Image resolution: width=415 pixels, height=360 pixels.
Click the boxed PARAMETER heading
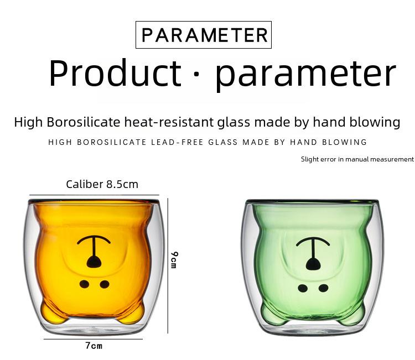tap(204, 35)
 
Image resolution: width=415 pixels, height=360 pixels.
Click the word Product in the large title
tap(116, 73)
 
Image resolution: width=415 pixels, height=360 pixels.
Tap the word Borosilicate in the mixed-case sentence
tap(84, 122)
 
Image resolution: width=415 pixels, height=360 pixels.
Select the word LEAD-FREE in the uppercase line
tap(177, 142)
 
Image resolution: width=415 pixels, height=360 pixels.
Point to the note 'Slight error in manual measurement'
tap(357, 159)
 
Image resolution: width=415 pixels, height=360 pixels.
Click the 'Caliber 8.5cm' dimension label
tap(102, 184)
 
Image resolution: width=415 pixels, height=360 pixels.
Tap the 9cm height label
tap(174, 260)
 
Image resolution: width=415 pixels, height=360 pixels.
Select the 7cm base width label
tap(94, 346)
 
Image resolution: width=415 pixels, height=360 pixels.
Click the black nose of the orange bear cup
tap(94, 262)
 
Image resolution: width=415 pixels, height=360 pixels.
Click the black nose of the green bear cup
tap(313, 264)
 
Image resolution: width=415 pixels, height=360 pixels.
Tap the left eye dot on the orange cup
tap(84, 284)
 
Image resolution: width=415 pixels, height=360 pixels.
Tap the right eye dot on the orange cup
tap(105, 284)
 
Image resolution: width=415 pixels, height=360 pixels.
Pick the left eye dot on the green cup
tap(303, 288)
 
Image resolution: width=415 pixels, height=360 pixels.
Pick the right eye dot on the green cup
tap(324, 288)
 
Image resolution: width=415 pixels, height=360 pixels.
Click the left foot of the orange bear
tap(53, 314)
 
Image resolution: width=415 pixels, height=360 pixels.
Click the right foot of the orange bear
tap(132, 314)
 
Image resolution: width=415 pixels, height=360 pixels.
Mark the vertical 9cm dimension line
tap(168, 265)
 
